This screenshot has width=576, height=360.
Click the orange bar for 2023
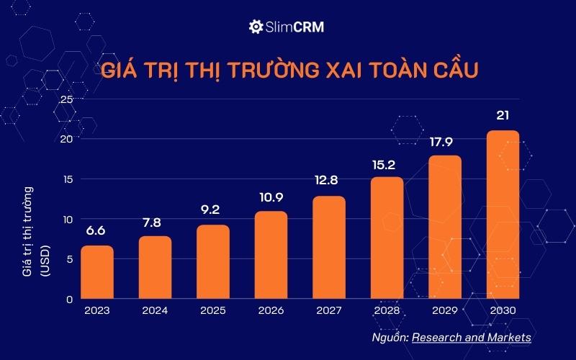96,272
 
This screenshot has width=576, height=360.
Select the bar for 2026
271,255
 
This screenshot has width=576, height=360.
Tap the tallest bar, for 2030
503,215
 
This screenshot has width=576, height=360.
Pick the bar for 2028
387,238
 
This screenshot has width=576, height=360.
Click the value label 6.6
96,232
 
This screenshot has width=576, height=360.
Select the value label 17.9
445,141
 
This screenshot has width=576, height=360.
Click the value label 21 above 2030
503,115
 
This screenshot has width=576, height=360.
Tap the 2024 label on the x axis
155,311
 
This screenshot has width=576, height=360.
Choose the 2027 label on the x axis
329,311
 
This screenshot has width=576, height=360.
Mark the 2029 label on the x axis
445,311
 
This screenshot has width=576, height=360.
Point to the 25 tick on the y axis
66,99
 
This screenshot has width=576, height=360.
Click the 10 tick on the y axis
66,219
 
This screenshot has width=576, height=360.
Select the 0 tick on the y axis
70,299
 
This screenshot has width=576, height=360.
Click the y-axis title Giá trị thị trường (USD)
36,231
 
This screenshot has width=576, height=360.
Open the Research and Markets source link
472,337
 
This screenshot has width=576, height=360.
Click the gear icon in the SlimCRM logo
255,27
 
